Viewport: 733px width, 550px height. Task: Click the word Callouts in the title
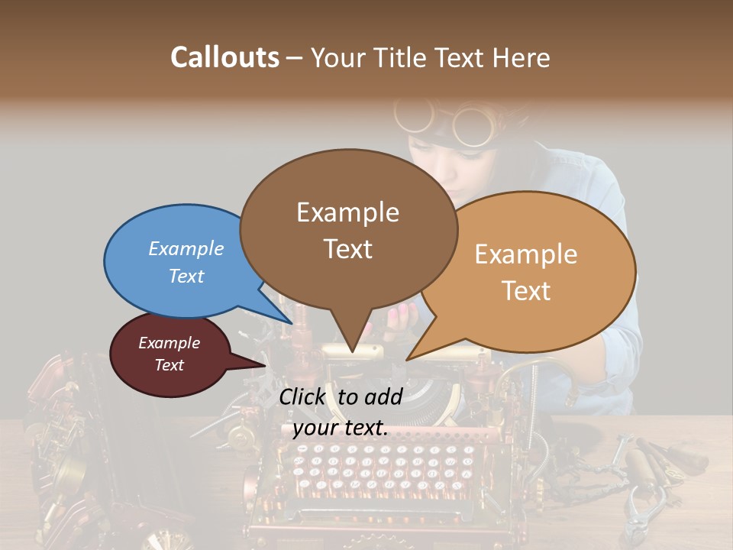[x=224, y=57]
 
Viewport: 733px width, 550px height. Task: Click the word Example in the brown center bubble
[x=347, y=212]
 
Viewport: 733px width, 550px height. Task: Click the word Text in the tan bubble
[x=527, y=291]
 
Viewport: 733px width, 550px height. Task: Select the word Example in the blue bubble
[x=186, y=248]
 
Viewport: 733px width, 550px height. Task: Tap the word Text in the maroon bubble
[x=170, y=365]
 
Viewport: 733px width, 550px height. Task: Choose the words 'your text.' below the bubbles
[x=341, y=428]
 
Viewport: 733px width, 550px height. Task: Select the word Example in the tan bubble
[x=526, y=254]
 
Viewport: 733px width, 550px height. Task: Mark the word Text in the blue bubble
[x=186, y=276]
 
